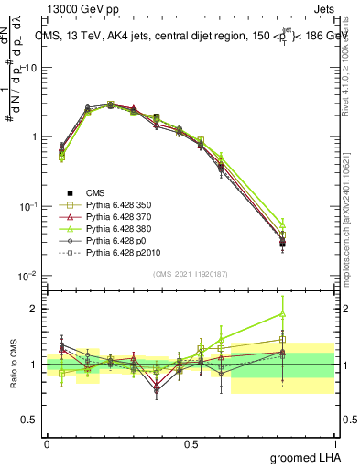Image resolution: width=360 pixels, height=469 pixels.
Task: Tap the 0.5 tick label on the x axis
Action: click(190, 442)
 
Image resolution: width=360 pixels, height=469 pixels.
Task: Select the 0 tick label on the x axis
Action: click(47, 442)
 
